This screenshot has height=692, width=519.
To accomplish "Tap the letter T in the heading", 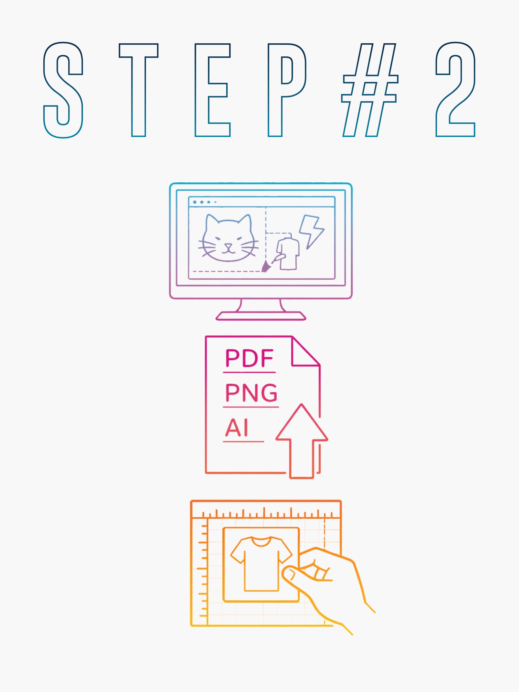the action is coord(138,90).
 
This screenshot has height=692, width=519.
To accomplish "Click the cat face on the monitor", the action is coord(228,239).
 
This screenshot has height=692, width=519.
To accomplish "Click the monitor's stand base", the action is coord(261,316).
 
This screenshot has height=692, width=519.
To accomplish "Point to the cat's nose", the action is coord(228,246).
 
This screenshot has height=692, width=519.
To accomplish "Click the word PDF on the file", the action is coord(249,358).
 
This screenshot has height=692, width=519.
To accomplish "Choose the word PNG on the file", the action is coord(251,393).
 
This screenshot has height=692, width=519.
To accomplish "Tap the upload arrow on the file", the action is coord(302,441).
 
